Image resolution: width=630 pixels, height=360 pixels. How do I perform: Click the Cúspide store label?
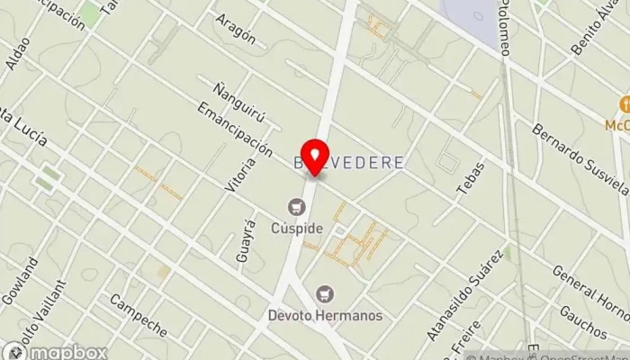(297, 228)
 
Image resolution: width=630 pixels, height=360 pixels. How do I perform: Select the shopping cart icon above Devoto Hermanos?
(324, 294)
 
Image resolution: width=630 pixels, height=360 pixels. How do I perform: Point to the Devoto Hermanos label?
(325, 315)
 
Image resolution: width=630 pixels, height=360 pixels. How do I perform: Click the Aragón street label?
(237, 31)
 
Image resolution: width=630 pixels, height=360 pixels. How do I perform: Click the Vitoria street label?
(237, 175)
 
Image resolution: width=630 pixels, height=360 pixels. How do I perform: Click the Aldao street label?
(17, 57)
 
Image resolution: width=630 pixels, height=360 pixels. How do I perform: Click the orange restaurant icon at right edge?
(621, 103)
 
